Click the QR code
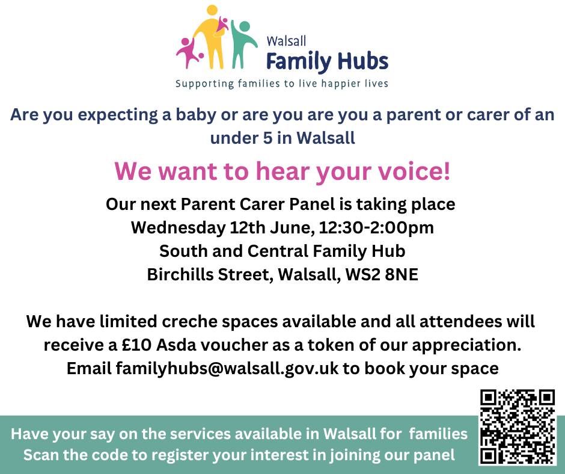[x=518, y=427]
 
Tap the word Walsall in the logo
[x=287, y=42]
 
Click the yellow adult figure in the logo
[x=212, y=39]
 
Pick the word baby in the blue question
[x=180, y=115]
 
